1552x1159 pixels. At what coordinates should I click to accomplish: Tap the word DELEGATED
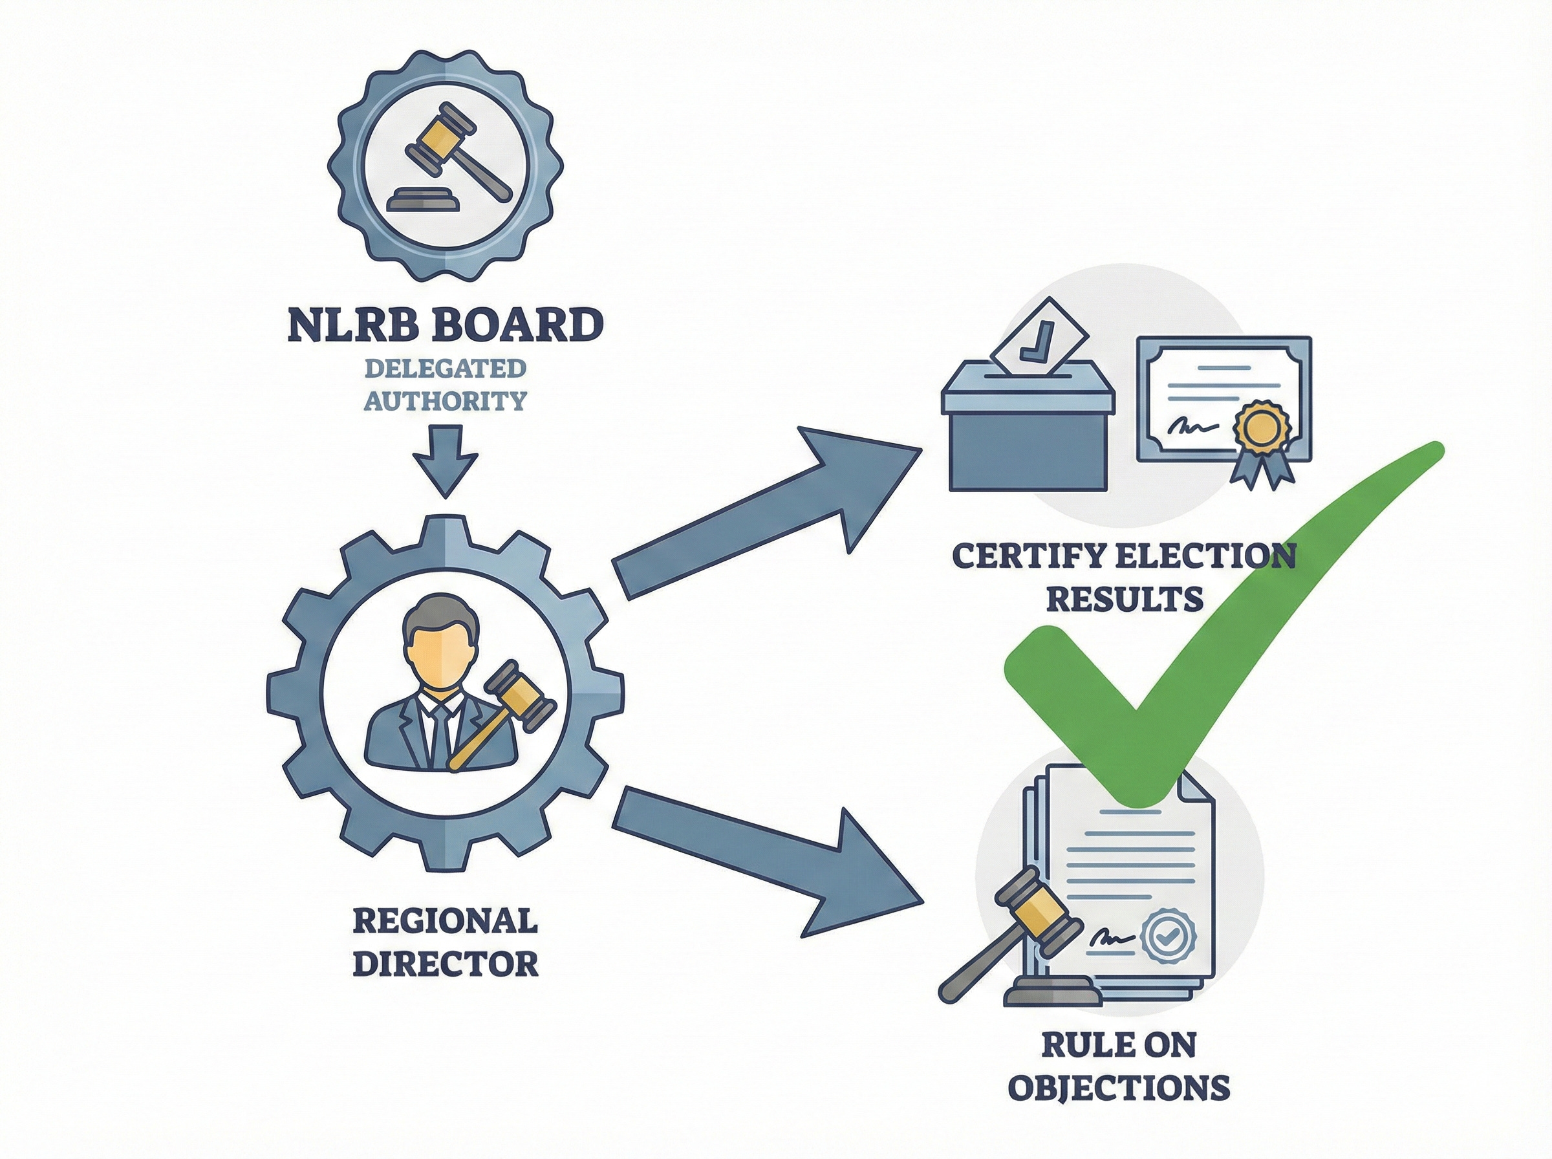(x=446, y=367)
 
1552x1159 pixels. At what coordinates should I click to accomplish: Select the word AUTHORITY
(x=446, y=400)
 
